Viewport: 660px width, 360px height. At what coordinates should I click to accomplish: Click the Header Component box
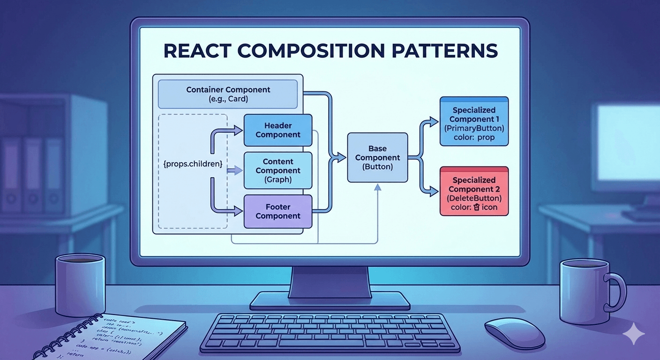tap(278, 130)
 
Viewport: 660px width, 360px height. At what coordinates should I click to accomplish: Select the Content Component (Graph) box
tap(278, 171)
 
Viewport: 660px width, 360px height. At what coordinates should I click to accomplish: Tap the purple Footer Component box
tap(278, 211)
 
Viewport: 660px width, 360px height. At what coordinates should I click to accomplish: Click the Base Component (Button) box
tap(377, 157)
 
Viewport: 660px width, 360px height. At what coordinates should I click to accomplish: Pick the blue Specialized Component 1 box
tap(474, 122)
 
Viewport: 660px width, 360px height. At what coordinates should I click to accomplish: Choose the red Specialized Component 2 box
tap(474, 191)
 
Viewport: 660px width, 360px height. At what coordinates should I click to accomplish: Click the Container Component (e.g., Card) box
tap(228, 94)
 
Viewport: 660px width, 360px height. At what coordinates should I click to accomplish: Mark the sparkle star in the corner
tap(634, 334)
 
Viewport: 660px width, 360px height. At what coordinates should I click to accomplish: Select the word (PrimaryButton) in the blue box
tap(474, 129)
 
